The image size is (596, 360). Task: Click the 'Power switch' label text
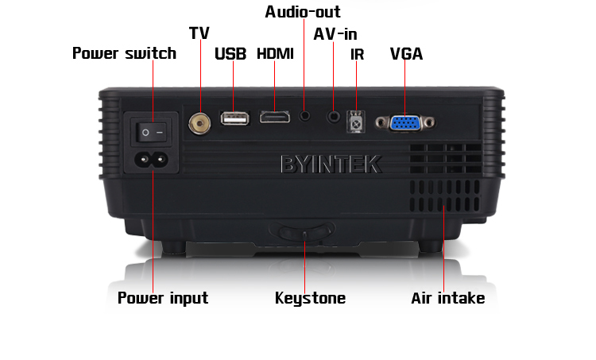coord(124,53)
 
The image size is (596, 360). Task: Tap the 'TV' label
coord(199,33)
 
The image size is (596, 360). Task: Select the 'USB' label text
coord(230,53)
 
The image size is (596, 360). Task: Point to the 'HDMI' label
coord(275,53)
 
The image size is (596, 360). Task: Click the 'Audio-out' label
coord(303,12)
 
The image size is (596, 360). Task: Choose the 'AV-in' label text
coord(335,34)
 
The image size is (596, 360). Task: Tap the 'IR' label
coord(358,54)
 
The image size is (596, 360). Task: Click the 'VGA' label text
coord(406,54)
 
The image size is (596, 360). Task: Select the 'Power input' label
coord(163,298)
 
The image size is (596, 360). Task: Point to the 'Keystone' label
coord(310,298)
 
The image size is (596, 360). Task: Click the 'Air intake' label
coord(448,298)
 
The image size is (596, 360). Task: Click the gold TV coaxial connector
coord(199,123)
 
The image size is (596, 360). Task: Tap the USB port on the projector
coord(235,118)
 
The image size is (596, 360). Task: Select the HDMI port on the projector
coord(274,117)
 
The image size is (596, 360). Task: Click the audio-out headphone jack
coord(304,114)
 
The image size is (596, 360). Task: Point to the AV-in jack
coord(334,116)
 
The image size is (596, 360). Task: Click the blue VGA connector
coord(404,123)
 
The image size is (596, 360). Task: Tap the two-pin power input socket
coord(151,159)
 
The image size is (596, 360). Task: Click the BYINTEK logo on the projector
coord(331,165)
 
